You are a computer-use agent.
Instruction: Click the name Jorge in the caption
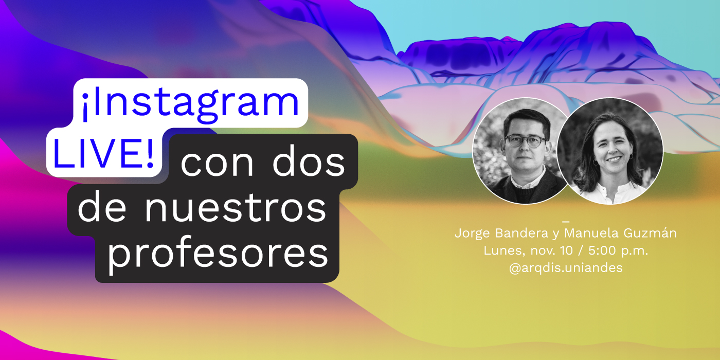[x=473, y=233]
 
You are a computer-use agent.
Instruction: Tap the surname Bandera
[x=522, y=233]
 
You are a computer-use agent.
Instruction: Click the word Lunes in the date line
[x=501, y=251]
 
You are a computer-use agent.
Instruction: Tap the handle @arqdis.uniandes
[x=565, y=268]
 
